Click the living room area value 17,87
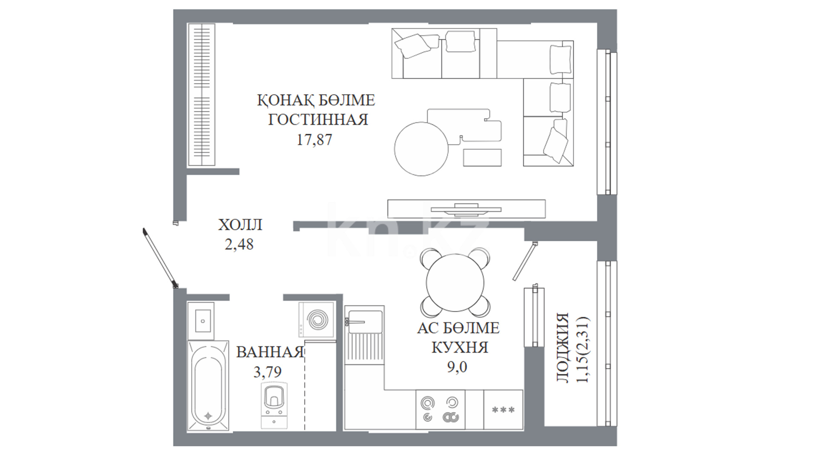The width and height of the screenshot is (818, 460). (314, 140)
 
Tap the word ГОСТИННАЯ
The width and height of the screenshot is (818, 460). (318, 120)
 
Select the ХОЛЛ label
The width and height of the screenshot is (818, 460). (240, 225)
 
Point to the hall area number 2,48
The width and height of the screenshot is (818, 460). (239, 244)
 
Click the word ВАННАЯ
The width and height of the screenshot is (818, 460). (270, 352)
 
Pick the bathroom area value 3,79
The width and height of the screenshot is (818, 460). (268, 372)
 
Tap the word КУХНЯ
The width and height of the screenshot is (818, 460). (460, 348)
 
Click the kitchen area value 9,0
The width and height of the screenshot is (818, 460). (457, 367)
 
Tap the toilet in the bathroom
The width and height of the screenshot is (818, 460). (274, 405)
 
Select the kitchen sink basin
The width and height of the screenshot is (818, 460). (365, 321)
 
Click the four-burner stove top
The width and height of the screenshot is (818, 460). (441, 409)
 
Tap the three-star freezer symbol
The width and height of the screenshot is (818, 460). (503, 410)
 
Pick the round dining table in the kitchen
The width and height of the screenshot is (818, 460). (455, 282)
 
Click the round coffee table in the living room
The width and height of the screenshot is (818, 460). (422, 149)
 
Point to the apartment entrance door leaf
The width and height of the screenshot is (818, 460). (160, 259)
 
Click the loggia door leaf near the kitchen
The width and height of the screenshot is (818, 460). (524, 261)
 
